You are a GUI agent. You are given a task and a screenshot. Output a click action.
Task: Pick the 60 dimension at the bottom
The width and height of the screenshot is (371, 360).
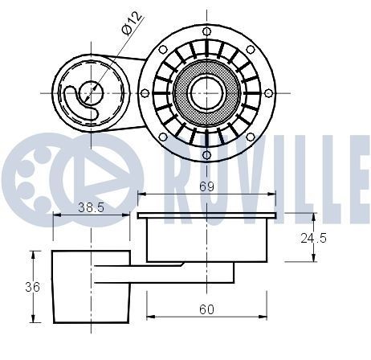point(207,307)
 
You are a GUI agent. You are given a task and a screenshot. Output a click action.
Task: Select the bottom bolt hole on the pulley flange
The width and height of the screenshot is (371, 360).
point(207,153)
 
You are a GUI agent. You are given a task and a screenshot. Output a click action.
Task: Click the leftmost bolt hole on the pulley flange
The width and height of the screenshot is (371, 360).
point(145,93)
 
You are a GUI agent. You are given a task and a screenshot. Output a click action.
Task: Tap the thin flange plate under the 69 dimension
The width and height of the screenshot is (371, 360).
point(207,215)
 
